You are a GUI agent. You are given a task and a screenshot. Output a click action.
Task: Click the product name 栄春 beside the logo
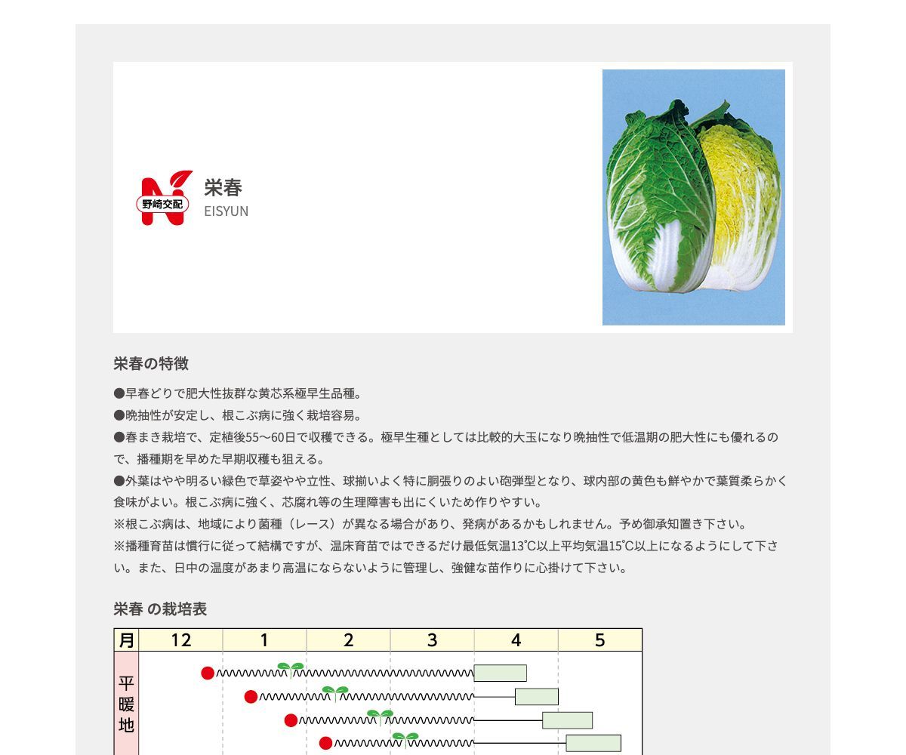[223, 187]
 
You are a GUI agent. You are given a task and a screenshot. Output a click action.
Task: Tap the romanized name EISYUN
[226, 211]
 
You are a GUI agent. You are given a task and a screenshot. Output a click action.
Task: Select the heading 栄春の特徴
[151, 364]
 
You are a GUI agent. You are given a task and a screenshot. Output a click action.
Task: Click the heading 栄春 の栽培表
[160, 609]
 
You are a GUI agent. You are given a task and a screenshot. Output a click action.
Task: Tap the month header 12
[181, 640]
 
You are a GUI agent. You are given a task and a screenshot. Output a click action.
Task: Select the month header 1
[264, 640]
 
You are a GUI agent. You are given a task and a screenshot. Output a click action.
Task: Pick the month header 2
[348, 640]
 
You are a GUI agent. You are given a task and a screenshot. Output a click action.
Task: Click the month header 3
[432, 640]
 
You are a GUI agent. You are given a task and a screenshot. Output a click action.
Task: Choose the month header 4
[516, 640]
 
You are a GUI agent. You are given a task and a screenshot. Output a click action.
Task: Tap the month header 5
[599, 640]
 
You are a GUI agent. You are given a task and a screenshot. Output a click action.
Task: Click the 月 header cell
[126, 640]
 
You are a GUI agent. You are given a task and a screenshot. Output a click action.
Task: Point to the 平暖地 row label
[126, 704]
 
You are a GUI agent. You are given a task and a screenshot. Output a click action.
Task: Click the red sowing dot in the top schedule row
[208, 673]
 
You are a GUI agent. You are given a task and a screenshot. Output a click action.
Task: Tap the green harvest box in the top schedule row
[500, 673]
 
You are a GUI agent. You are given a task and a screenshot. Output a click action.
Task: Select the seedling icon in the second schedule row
[335, 692]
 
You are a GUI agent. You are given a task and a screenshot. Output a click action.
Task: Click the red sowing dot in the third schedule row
[291, 720]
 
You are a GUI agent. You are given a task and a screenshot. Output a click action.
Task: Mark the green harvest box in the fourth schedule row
[593, 743]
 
